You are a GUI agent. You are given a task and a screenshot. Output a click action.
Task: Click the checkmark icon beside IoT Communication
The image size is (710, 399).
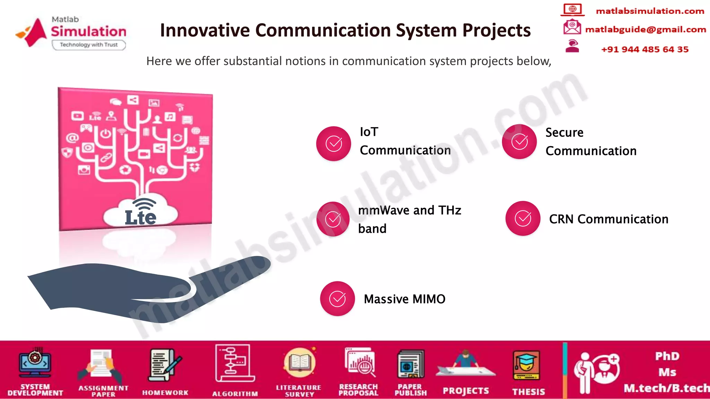(334, 143)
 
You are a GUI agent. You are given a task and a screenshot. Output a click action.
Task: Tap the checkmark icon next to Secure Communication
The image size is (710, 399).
(519, 142)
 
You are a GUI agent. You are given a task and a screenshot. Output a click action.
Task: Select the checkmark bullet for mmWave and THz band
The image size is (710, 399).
(333, 219)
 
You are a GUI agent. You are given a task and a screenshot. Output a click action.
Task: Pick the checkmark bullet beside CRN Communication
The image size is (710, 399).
(523, 218)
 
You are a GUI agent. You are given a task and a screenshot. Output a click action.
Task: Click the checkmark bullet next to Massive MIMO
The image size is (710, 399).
(337, 299)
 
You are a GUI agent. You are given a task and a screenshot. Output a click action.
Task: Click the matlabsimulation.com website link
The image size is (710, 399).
(650, 11)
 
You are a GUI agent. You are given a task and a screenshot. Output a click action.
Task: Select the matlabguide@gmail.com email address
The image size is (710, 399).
(645, 29)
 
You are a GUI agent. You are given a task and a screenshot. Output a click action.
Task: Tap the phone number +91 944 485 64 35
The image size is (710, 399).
(645, 49)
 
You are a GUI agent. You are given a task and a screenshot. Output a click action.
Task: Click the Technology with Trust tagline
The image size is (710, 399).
(89, 45)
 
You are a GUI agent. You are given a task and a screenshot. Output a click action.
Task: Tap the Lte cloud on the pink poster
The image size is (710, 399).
(140, 213)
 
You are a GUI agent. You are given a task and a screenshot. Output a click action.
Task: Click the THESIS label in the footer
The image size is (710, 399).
(529, 392)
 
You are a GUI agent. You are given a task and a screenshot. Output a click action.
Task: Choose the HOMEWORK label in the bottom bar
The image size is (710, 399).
(165, 392)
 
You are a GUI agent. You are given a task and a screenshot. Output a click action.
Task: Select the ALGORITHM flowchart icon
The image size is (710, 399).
(235, 363)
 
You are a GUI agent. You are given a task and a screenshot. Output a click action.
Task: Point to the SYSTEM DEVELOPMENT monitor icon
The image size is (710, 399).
(35, 363)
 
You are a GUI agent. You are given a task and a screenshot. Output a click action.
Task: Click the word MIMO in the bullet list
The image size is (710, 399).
(429, 299)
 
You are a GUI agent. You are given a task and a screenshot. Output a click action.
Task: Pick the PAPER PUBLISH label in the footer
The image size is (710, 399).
(410, 390)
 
